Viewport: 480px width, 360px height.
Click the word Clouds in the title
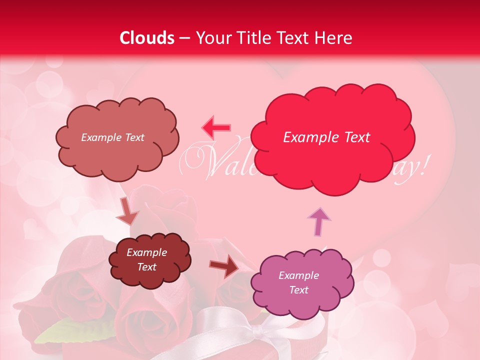[147, 38]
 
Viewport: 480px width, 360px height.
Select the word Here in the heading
[333, 38]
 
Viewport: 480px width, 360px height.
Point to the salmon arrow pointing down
[127, 212]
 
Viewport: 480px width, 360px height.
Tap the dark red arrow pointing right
[224, 265]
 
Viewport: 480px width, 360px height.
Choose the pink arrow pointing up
[319, 221]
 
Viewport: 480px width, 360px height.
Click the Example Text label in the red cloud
[326, 137]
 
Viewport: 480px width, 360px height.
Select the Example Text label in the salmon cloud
[112, 137]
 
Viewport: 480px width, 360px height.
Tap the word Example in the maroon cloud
[146, 252]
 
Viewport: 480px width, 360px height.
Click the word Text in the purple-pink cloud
[298, 290]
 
